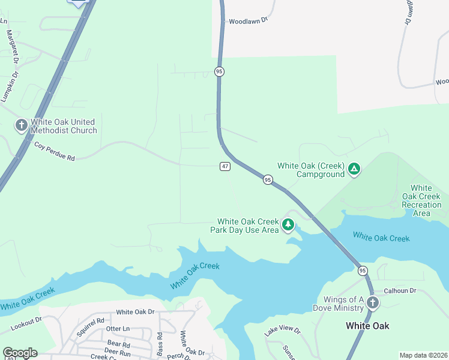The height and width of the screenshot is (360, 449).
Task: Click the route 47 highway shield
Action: tap(224, 166)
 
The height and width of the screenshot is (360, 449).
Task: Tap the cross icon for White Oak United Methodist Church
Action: tap(22, 125)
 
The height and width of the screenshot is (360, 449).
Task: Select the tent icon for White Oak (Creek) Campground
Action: tap(354, 170)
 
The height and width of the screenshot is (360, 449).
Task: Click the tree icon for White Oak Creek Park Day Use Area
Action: tap(289, 225)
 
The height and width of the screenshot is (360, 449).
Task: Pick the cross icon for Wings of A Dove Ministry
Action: tap(372, 303)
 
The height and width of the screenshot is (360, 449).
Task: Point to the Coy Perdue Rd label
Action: tap(54, 151)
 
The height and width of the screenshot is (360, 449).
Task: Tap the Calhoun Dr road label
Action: tap(400, 290)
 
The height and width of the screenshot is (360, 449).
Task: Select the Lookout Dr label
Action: tap(26, 325)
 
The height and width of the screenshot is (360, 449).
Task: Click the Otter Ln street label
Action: tap(118, 329)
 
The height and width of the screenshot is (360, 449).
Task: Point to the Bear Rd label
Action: tap(117, 345)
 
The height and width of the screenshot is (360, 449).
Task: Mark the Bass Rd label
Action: tap(160, 344)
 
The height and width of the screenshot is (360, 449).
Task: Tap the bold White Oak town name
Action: tap(367, 326)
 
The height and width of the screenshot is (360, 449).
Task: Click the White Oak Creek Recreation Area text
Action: tap(421, 200)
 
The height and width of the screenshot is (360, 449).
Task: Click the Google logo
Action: tap(20, 353)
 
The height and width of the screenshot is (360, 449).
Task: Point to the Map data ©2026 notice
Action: tap(423, 355)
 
